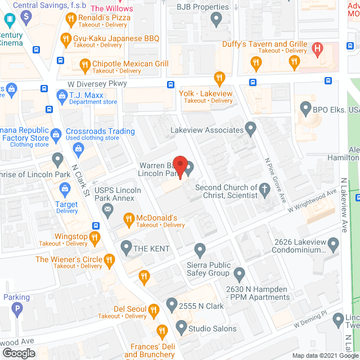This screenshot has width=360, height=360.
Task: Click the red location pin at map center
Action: tap(179, 165)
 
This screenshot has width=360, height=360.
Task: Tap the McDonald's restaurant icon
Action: tap(128, 218)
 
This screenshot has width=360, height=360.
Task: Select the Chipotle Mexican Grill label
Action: tap(130, 64)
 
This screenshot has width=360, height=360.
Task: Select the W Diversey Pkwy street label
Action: tap(98, 83)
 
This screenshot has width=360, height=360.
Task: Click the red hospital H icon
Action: tap(317, 49)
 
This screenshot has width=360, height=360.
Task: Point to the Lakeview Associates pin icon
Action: tap(251, 130)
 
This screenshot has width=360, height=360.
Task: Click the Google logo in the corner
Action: tap(18, 353)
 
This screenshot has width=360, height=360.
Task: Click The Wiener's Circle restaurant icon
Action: tap(109, 259)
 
